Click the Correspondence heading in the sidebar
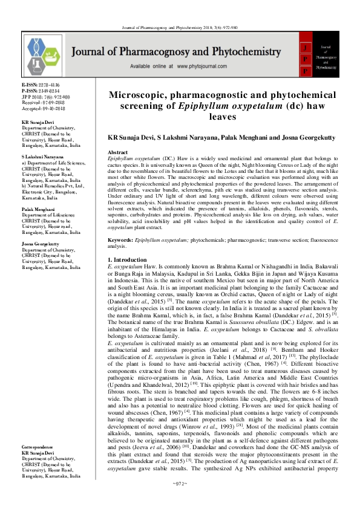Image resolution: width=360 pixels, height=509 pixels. coord(42,463)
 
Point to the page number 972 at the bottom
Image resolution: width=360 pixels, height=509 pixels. coord(180,501)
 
